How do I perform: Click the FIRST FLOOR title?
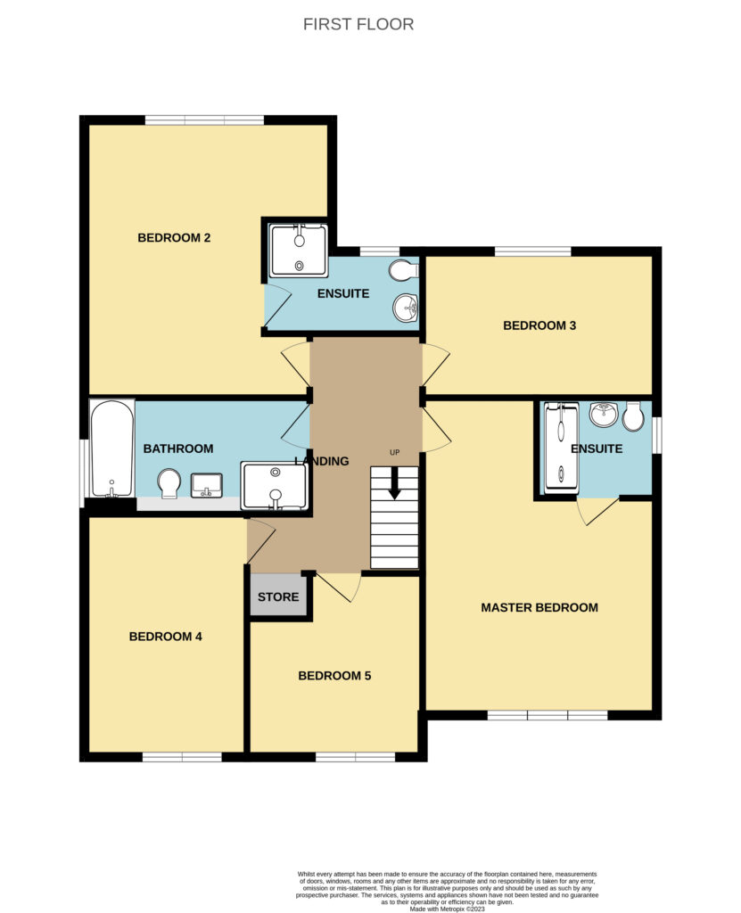pos(358,24)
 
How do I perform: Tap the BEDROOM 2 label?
pos(174,237)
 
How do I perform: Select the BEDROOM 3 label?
pos(539,325)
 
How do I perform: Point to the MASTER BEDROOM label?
pos(539,607)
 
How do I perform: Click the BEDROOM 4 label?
pos(166,637)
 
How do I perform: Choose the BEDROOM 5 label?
pos(334,676)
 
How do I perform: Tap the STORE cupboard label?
pos(278,596)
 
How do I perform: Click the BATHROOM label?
pos(178,448)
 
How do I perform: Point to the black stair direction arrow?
pos(394,482)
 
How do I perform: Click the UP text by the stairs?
pos(394,452)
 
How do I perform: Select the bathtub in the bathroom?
pos(111,448)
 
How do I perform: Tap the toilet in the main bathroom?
pos(169,484)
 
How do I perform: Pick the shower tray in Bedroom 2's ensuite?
pos(299,251)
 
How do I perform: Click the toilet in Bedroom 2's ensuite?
pos(404,271)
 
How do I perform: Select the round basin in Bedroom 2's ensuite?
pos(406,307)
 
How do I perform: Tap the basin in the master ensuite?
pos(604,415)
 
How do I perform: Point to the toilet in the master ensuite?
pos(632,416)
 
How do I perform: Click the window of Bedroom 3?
pos(533,251)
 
